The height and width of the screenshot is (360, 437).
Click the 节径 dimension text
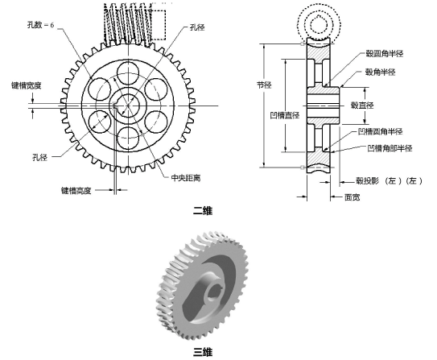click(262, 83)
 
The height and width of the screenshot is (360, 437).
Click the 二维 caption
click(203, 211)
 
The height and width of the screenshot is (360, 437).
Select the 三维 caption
click(203, 352)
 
